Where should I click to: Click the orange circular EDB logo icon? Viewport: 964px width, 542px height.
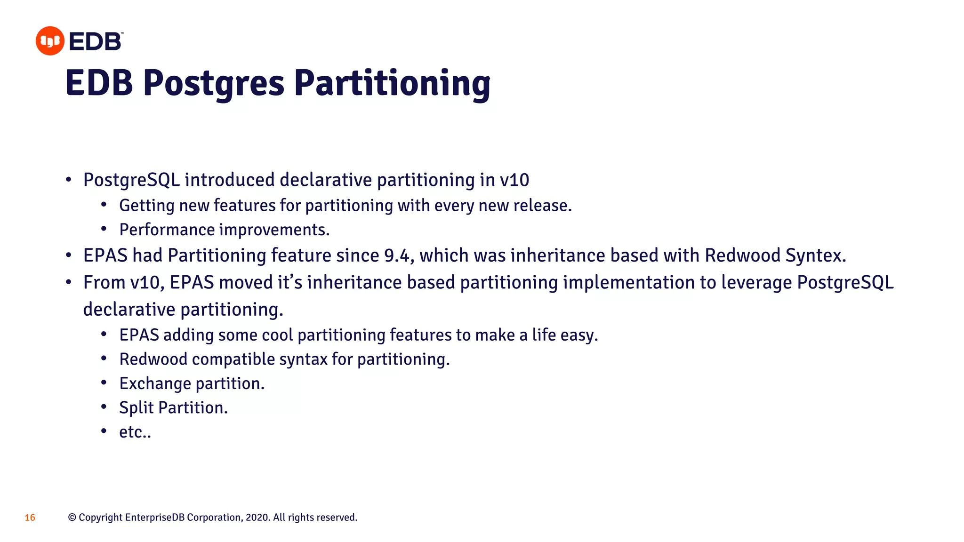pyautogui.click(x=50, y=41)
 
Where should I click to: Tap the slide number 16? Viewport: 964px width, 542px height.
pyautogui.click(x=30, y=518)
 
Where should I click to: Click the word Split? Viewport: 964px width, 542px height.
pyautogui.click(x=136, y=408)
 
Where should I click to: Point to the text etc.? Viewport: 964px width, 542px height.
pyautogui.click(x=135, y=432)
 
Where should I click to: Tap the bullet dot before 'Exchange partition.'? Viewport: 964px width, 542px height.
pyautogui.click(x=104, y=383)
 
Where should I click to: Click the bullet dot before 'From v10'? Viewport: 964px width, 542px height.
pyautogui.click(x=69, y=282)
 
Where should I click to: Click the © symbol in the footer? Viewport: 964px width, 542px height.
pyautogui.click(x=72, y=518)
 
